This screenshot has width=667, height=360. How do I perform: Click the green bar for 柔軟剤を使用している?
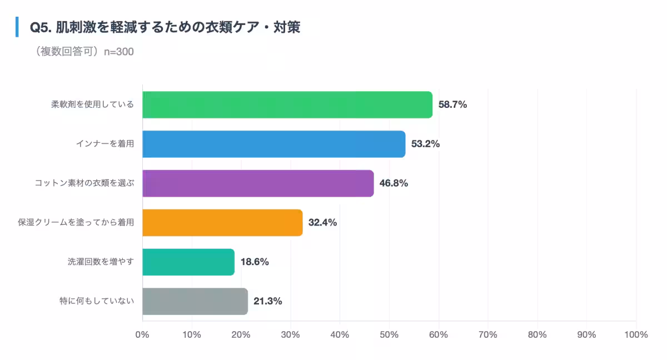click(287, 104)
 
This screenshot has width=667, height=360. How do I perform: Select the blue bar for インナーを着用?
click(273, 144)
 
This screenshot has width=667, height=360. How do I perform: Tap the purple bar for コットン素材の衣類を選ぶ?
click(258, 183)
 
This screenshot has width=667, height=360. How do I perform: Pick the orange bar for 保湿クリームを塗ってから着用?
click(222, 223)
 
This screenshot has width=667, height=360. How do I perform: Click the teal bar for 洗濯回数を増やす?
click(188, 262)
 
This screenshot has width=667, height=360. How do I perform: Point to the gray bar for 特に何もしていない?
click(195, 302)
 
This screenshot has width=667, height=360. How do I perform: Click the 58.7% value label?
click(452, 104)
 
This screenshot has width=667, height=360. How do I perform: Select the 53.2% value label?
click(425, 144)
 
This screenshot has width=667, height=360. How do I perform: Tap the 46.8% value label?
click(394, 183)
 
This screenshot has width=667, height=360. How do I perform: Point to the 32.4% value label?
click(322, 223)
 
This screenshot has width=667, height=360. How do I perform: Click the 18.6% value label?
click(255, 262)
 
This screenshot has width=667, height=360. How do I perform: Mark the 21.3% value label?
click(268, 302)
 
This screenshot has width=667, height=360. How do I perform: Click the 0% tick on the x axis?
click(142, 334)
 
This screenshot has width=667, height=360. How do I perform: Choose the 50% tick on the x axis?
click(389, 334)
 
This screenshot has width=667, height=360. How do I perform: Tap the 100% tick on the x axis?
click(636, 334)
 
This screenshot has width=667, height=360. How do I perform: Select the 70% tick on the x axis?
click(488, 334)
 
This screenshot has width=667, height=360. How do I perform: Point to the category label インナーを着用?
click(105, 144)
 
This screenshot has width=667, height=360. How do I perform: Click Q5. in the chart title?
click(41, 27)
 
